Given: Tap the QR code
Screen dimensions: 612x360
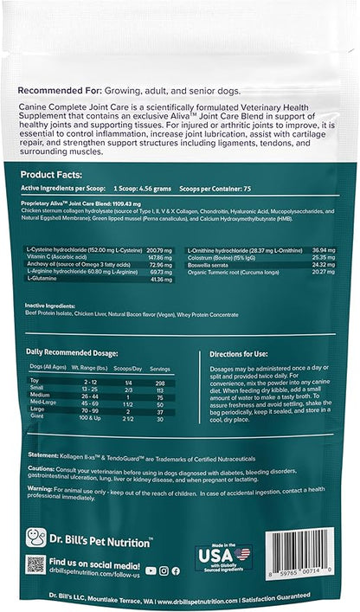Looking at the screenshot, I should point(35,564).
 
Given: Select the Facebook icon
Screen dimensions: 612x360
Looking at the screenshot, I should point(175,570).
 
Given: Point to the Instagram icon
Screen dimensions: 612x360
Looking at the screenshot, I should point(164,570).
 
